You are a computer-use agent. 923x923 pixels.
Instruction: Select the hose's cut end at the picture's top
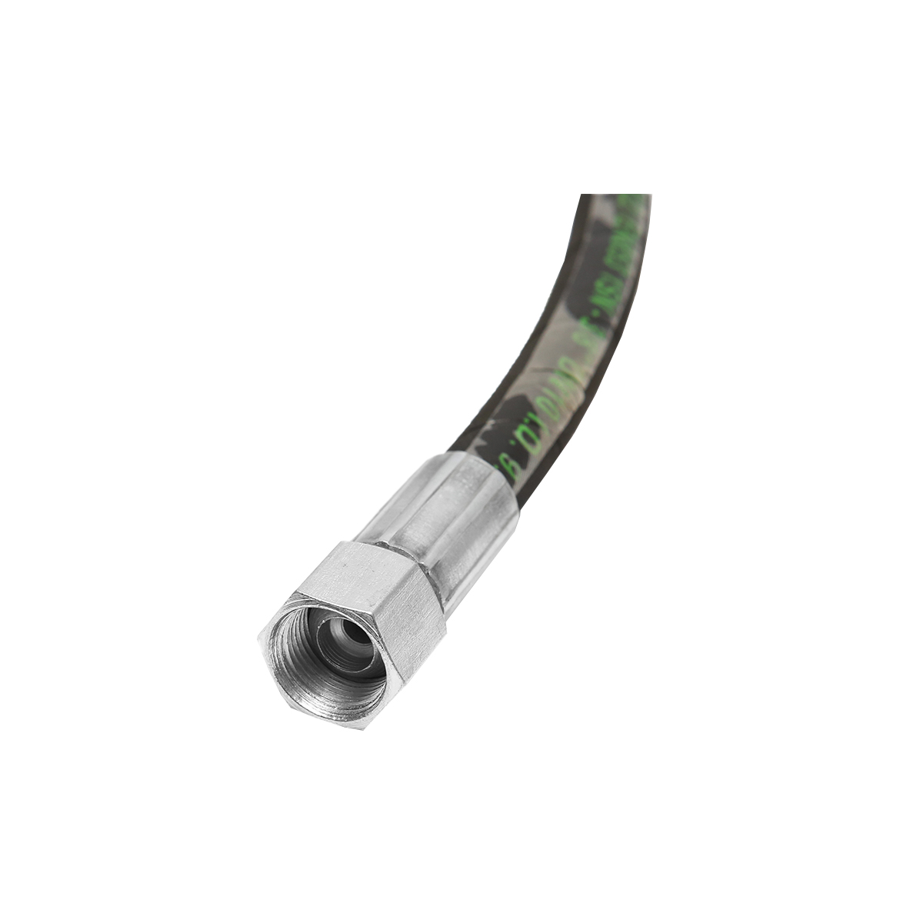point(615,197)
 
